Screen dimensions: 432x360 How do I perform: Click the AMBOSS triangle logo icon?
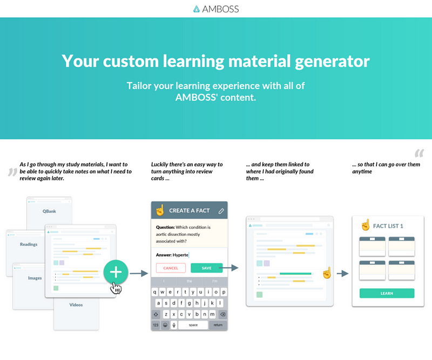197,9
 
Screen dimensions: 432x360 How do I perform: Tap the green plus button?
116,272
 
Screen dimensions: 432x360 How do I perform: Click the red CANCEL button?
171,268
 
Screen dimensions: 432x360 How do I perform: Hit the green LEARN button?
387,294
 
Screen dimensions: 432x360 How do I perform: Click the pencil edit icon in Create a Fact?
221,211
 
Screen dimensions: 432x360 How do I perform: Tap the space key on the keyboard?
193,325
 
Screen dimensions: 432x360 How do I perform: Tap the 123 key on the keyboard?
156,325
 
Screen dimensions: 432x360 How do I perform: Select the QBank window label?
49,211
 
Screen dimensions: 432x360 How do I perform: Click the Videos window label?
76,304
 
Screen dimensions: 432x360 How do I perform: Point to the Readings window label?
29,244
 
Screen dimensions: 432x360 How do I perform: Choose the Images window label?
35,278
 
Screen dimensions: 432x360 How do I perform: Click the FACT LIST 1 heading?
388,226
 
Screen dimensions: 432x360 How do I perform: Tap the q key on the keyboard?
155,292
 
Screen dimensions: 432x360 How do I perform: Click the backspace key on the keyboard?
223,314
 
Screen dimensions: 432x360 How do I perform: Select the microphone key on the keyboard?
174,325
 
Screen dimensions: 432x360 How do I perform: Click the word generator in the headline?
332,61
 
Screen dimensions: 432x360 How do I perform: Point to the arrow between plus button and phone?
139,274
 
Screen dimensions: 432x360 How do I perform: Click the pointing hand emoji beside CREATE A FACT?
160,210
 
